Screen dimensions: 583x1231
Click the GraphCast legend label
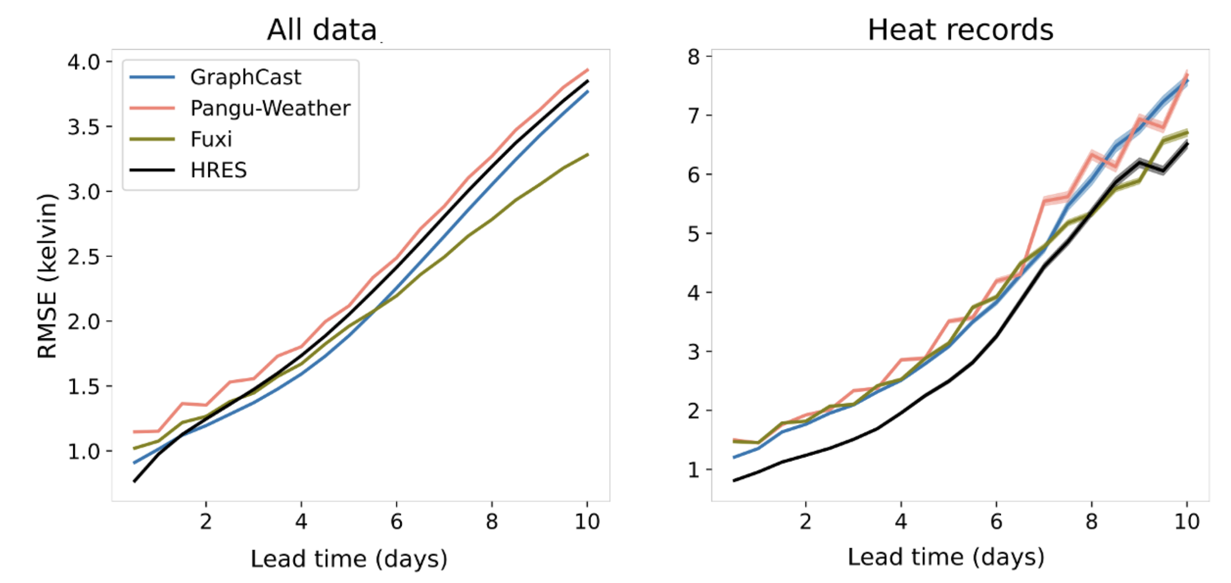coord(245,77)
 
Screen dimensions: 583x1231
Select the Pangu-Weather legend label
coord(270,108)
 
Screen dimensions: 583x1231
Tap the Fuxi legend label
coord(211,139)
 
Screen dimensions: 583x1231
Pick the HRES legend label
coord(218,170)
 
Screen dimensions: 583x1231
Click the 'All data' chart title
coord(322,30)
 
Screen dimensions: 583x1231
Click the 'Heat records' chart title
coord(960,30)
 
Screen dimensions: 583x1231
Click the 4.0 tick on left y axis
coord(83,62)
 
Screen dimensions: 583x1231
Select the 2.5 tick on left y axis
coord(83,257)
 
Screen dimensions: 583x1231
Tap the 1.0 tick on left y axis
coord(83,451)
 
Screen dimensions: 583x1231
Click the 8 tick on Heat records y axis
coord(694,57)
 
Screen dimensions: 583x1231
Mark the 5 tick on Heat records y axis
coord(694,234)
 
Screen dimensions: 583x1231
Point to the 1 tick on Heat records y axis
coord(694,470)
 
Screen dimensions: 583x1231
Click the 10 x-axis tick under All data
coord(587,522)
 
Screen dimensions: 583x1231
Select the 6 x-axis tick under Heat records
coord(996,522)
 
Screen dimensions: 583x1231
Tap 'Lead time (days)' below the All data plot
coord(349,559)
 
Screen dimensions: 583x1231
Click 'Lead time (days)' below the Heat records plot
coord(946,557)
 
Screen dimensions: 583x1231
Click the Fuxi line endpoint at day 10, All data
coord(588,154)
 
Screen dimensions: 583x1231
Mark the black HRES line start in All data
coord(135,481)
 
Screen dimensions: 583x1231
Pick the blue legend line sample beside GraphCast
coord(152,77)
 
